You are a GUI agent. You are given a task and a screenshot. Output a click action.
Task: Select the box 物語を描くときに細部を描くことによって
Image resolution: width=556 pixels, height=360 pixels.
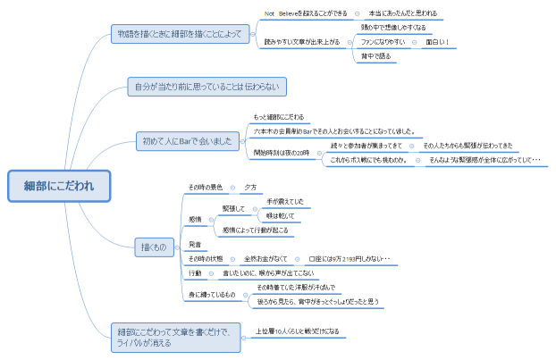coord(180,34)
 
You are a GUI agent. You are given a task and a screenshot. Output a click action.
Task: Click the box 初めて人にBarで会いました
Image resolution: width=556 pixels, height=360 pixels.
coord(187,140)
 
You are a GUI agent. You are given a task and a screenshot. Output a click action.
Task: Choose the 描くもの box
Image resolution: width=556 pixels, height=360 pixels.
coord(154,247)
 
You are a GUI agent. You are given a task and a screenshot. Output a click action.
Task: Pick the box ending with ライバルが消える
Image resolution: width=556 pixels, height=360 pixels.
coord(173,336)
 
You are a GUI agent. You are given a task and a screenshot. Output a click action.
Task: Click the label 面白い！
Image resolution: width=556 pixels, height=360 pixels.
coord(438,41)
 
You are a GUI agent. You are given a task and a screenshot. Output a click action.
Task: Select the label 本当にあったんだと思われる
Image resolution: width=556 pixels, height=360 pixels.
coord(403,13)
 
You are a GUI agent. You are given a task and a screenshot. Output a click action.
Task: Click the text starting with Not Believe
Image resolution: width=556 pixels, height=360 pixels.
coord(306,13)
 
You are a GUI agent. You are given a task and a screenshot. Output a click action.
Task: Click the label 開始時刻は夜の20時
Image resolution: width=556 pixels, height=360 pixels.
coord(282,153)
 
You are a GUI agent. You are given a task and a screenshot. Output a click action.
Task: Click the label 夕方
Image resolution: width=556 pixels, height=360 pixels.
coord(250,187)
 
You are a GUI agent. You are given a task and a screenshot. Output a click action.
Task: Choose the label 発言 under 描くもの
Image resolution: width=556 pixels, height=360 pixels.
coord(195,243)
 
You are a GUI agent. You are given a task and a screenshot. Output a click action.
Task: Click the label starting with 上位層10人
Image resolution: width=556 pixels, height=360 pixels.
coord(297,331)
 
